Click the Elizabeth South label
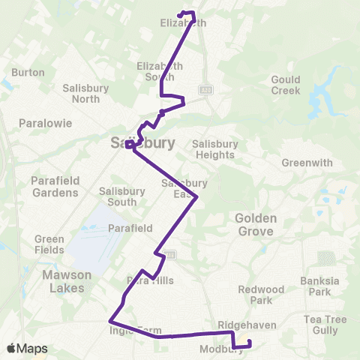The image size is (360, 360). point(159,71)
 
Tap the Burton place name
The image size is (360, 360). point(28,73)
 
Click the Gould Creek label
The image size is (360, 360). point(285,85)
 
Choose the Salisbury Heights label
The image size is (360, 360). point(215,148)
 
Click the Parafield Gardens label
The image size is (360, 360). point(55,187)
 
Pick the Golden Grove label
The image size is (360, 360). point(256,224)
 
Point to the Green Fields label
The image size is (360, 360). point(49,244)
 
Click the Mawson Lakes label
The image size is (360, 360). point(65,280)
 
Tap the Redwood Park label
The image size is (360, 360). point(260,295)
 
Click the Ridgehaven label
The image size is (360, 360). point(237,325)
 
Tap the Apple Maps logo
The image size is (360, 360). point(26,349)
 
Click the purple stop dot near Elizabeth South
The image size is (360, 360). point(162,113)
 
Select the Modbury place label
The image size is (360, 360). point(217,349)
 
